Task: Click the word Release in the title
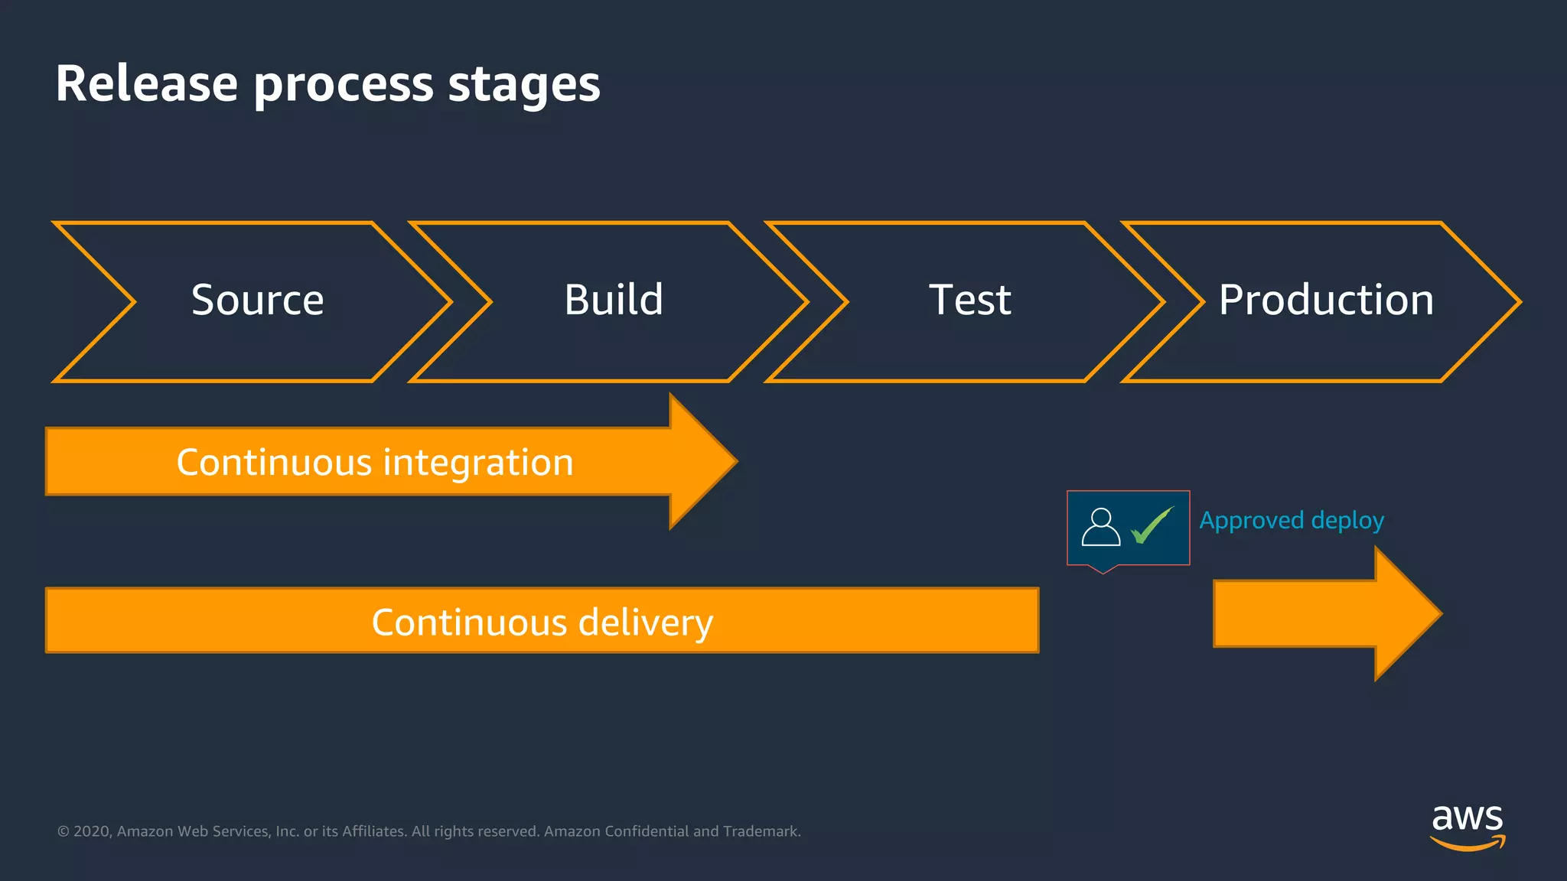tap(146, 84)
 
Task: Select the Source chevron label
tap(257, 300)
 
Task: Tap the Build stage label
tap(613, 300)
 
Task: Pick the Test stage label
tap(969, 300)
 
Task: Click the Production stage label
tap(1325, 300)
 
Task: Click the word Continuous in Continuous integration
tap(273, 463)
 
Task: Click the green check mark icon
tap(1152, 525)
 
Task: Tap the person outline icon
tap(1101, 527)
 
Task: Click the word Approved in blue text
tap(1251, 521)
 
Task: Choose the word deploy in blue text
tap(1347, 521)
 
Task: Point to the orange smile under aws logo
tap(1467, 844)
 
